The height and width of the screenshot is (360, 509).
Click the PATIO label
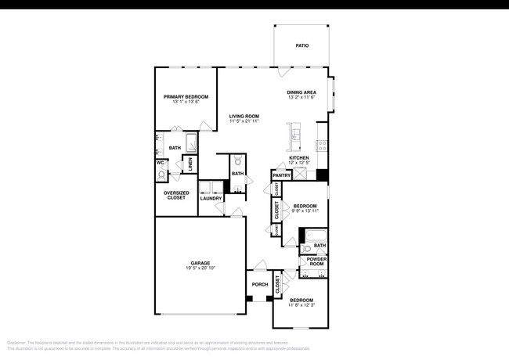(301, 45)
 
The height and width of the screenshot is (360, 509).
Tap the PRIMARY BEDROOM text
(186, 97)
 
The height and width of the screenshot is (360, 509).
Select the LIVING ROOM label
(244, 116)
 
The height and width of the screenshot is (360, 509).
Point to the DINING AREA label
(301, 92)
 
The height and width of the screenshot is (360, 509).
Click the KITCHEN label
(299, 158)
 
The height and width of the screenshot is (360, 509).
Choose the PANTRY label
(282, 175)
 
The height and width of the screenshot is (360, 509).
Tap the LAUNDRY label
(211, 198)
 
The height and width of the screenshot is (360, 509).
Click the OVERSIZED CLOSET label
(175, 195)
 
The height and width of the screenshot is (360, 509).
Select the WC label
(161, 163)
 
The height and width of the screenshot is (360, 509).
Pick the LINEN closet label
(190, 164)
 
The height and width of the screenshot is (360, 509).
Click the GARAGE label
(200, 263)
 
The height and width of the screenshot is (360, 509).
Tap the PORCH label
(259, 284)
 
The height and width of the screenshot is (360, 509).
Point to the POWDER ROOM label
(316, 261)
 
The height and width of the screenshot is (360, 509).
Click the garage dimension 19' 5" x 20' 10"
(200, 268)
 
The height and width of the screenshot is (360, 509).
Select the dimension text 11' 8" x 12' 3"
(301, 305)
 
